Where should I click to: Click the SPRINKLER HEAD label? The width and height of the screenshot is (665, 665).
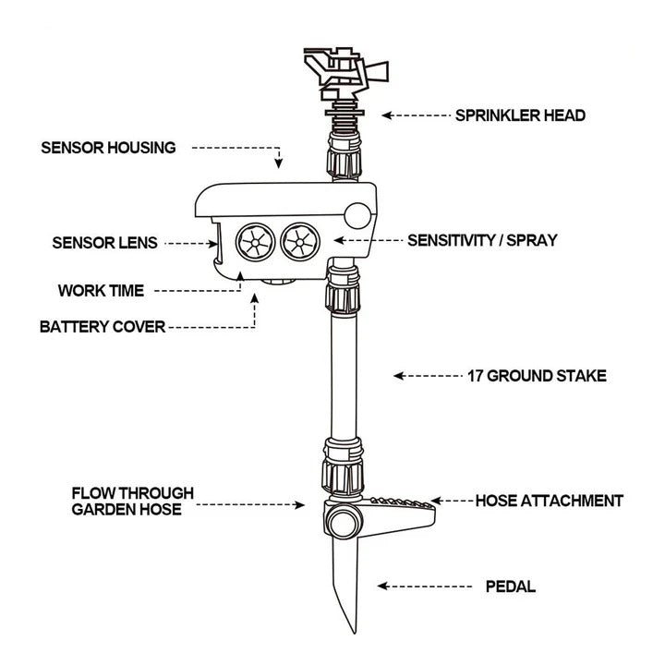point(520,115)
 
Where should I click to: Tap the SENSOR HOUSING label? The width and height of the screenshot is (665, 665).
point(108,147)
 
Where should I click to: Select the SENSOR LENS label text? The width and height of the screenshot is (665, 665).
point(104,243)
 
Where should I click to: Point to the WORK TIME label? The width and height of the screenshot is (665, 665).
point(101,291)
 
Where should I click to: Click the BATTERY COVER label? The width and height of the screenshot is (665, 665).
point(103,327)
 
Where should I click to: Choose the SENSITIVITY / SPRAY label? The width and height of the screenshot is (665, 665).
point(482,240)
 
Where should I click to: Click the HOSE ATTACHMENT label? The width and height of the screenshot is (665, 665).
point(549,502)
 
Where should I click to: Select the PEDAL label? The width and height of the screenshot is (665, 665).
point(511,586)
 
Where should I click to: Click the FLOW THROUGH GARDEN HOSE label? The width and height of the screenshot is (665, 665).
point(132,502)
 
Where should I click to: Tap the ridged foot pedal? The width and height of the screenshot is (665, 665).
point(397,511)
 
